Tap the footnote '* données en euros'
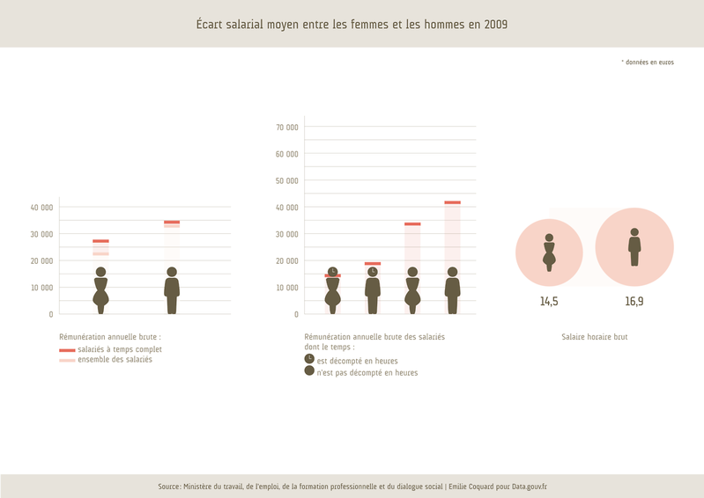(648, 62)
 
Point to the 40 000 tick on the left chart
(41, 208)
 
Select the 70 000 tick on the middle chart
(286, 128)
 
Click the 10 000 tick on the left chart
(41, 288)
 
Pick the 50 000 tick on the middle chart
(286, 181)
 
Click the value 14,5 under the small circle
(549, 301)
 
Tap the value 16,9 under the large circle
(634, 301)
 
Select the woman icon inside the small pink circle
(549, 253)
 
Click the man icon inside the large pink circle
(634, 247)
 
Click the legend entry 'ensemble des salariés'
(115, 360)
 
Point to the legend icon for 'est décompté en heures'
(309, 359)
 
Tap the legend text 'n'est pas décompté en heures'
(367, 373)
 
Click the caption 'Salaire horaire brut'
(594, 337)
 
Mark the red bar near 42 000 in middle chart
(452, 202)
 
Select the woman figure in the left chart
(100, 291)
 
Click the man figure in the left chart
(172, 291)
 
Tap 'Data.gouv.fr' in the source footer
(529, 487)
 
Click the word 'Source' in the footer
(169, 487)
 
